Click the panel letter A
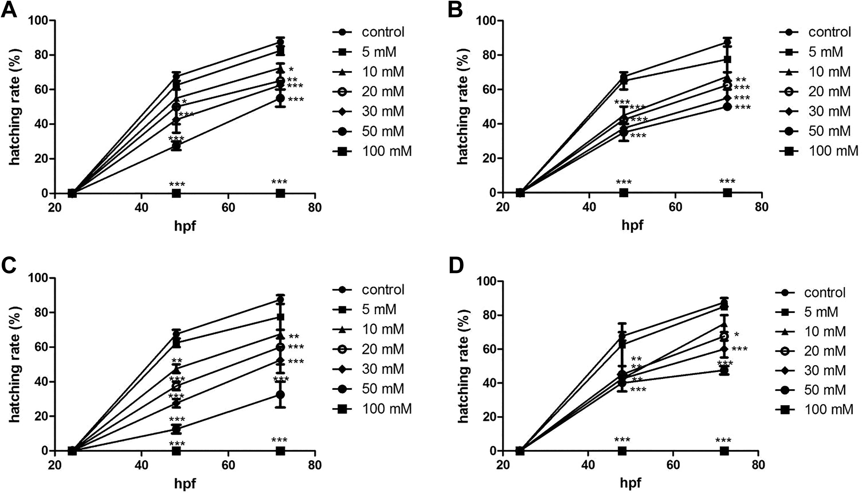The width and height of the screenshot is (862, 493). [9, 10]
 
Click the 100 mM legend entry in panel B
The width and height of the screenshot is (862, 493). [819, 151]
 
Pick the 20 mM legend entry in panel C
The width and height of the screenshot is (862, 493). [368, 349]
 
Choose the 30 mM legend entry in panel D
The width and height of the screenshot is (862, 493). [811, 370]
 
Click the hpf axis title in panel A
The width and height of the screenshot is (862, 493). [185, 225]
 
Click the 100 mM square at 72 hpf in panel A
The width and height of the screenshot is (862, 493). [280, 193]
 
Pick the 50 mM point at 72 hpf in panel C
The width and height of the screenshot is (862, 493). [280, 395]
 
